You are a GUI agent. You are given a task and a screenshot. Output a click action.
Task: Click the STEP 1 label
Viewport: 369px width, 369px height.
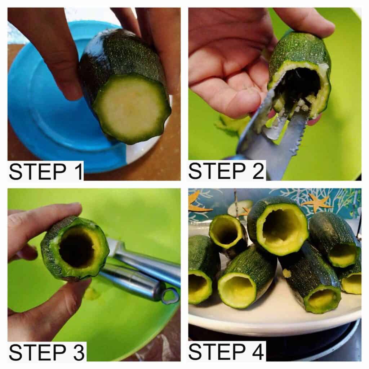click(46, 172)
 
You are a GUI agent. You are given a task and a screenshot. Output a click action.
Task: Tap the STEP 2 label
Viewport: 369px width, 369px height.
click(226, 171)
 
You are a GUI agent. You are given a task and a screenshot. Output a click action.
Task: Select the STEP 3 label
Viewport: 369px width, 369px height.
click(46, 352)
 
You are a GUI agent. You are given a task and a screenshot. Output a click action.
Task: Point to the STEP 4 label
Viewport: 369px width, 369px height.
click(226, 352)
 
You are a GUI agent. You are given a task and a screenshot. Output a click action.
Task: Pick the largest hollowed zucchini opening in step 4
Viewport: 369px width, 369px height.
click(281, 230)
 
